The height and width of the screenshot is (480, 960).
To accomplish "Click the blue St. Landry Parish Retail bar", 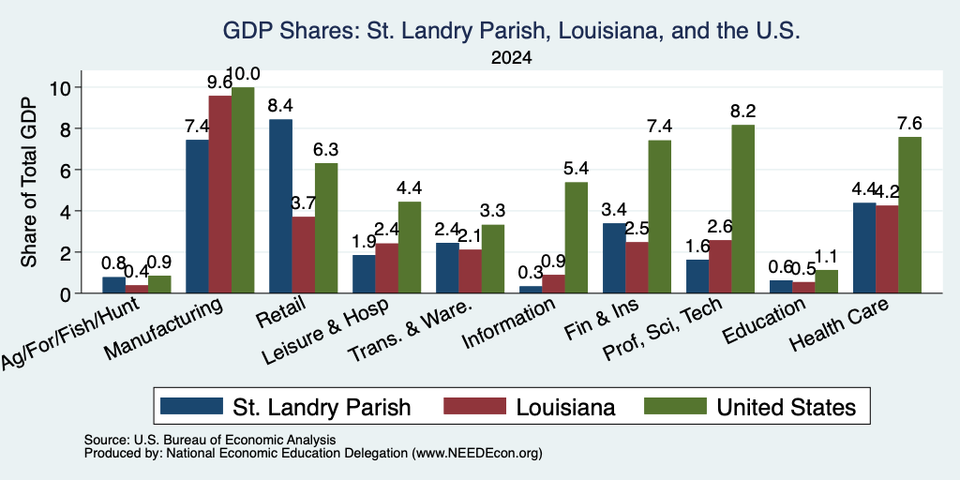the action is pos(280,206).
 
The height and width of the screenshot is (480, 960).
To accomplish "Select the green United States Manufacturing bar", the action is pos(243,190).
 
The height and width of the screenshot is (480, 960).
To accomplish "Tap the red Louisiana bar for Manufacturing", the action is pos(219,195).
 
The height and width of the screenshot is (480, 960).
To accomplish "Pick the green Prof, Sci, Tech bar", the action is pos(743,209).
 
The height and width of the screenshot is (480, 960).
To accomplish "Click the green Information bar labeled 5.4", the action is pos(577,237).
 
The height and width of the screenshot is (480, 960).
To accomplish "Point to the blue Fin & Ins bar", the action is pos(614,259).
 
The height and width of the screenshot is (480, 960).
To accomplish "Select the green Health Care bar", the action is pos(909,215).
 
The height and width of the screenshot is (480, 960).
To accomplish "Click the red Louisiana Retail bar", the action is pos(304,255).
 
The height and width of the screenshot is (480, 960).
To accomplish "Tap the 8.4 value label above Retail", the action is pos(280,106).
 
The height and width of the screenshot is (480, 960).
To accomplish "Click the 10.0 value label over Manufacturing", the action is pos(243,74).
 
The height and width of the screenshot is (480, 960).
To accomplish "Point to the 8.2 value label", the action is pos(743,112).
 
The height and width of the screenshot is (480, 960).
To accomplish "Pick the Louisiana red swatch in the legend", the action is pos(475,407).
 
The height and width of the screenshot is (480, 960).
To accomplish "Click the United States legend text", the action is pos(787,407).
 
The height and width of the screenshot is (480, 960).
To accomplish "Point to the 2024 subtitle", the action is pos(511,58).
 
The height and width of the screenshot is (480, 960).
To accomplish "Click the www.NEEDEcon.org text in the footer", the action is pos(477,454).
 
